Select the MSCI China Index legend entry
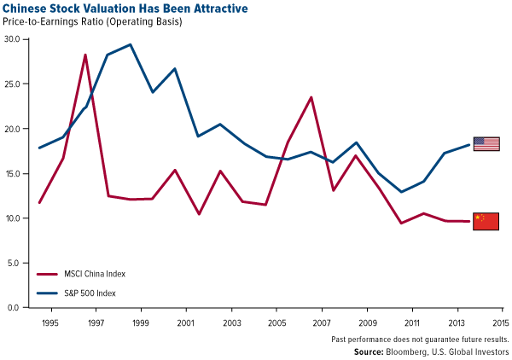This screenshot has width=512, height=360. pyautogui.click(x=85, y=274)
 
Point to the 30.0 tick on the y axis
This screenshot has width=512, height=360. pyautogui.click(x=15, y=39)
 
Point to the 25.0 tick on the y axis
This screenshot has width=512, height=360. pyautogui.click(x=15, y=84)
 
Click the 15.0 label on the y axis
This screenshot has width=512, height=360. pyautogui.click(x=15, y=173)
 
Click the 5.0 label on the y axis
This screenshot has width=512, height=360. pyautogui.click(x=16, y=263)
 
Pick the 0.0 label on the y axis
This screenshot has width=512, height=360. pyautogui.click(x=16, y=307)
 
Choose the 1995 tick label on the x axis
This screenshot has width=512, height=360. pyautogui.click(x=50, y=323)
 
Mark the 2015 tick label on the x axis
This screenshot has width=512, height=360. pyautogui.click(x=499, y=323)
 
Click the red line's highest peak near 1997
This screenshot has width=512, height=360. pyautogui.click(x=85, y=55)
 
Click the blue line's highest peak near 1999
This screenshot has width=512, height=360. pyautogui.click(x=130, y=44)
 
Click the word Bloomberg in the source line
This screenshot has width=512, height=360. pyautogui.click(x=411, y=351)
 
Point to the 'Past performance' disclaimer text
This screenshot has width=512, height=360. pyautogui.click(x=419, y=339)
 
